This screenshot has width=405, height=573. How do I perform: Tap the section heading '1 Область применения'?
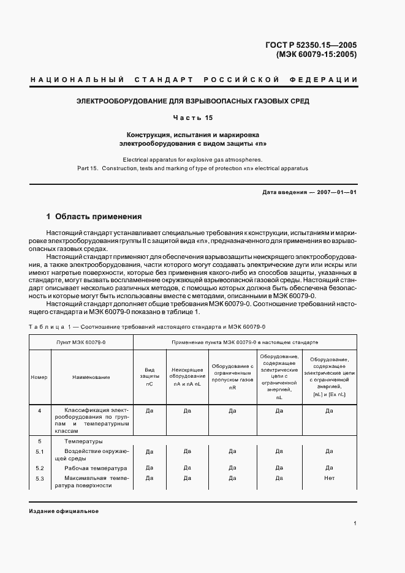tap(94, 216)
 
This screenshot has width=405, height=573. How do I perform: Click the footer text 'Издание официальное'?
tap(64, 511)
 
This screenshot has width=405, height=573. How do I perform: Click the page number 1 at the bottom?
tap(355, 523)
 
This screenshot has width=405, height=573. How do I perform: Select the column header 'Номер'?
tap(39, 377)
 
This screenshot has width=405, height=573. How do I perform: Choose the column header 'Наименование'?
tap(91, 377)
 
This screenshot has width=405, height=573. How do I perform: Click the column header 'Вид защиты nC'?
tap(149, 377)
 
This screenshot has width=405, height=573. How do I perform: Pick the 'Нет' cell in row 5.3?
tap(329, 478)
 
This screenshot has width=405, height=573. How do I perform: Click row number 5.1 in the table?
tap(39, 451)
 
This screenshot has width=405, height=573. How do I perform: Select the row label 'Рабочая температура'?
tap(91, 468)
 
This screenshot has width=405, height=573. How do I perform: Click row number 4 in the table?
tap(39, 411)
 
